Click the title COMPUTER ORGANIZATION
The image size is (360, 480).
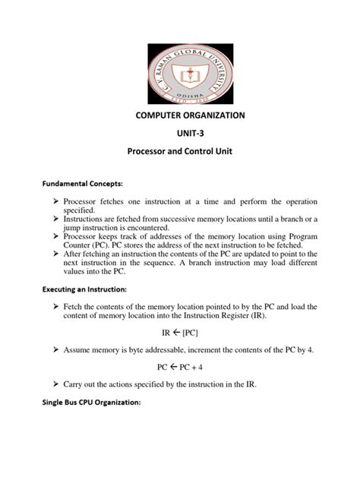[x=179, y=116]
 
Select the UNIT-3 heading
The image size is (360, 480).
[x=179, y=134]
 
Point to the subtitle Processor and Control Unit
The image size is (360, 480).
[x=179, y=152]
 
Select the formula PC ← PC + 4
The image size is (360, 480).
[x=179, y=365]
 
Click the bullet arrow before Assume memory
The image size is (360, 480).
[x=57, y=349]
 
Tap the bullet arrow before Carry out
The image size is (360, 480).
[x=57, y=384]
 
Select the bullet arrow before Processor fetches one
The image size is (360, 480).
[x=57, y=202]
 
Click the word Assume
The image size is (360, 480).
[x=83, y=349]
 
